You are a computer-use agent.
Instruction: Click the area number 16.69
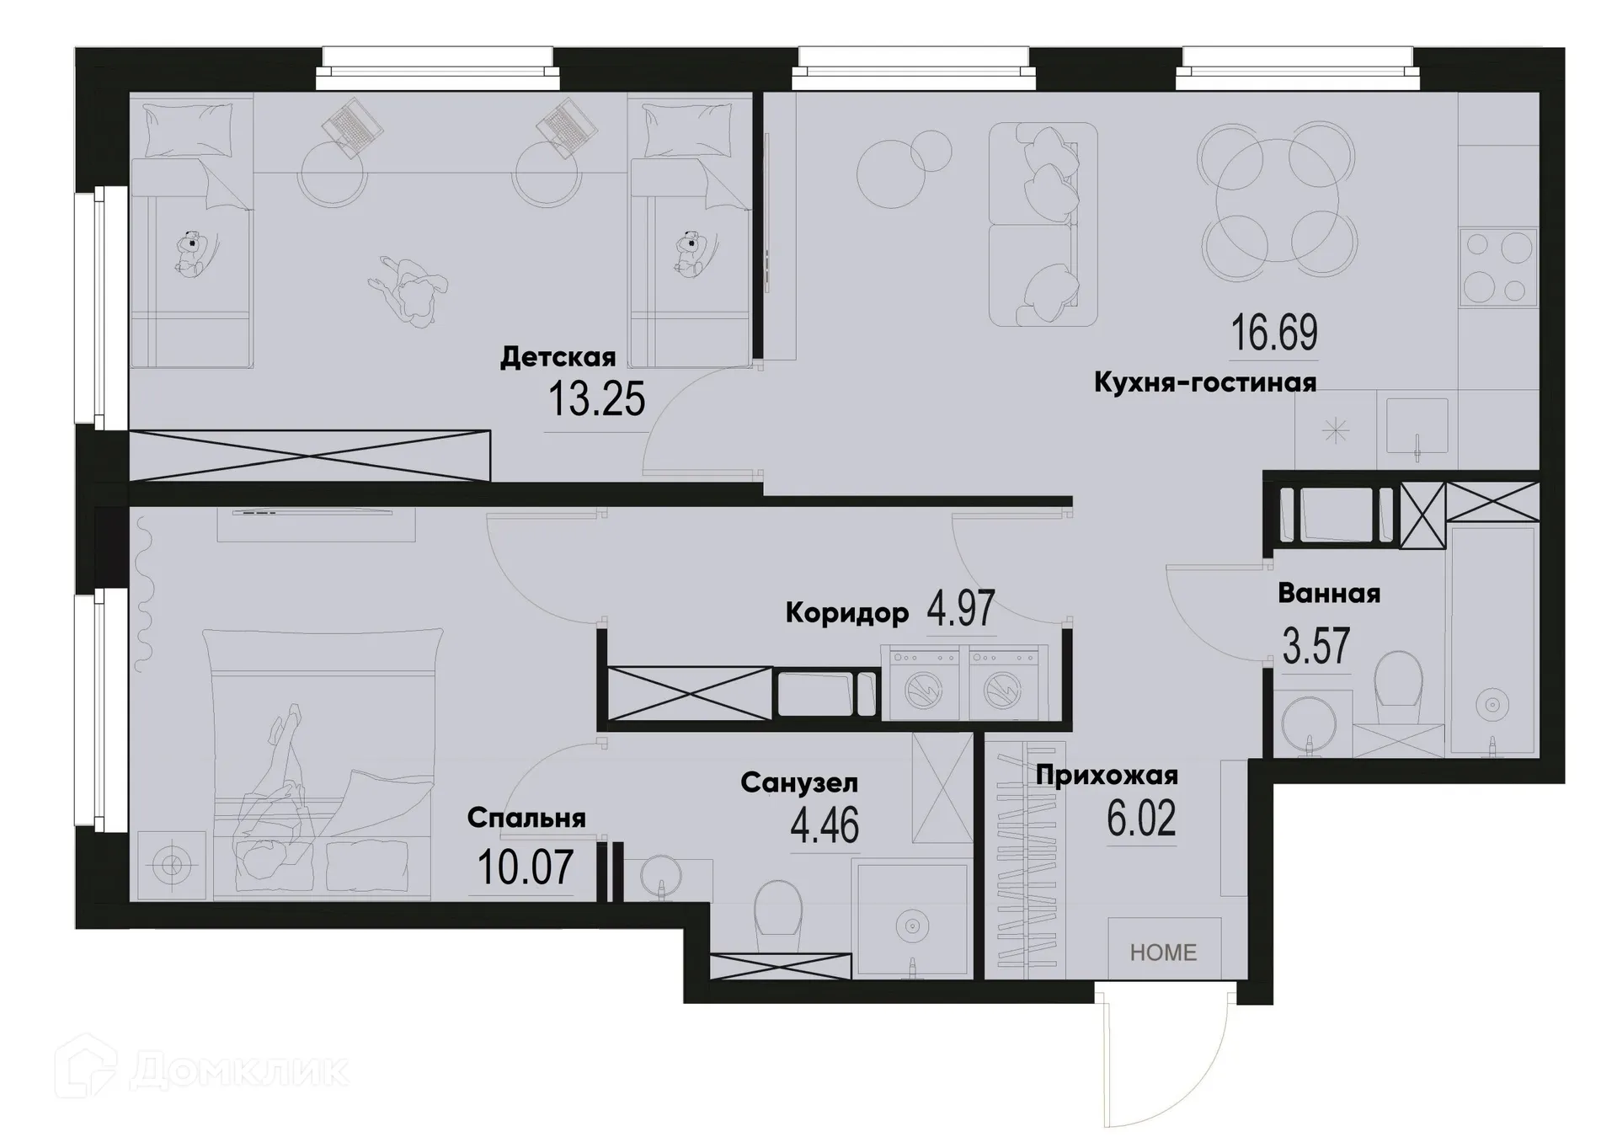coord(1274,333)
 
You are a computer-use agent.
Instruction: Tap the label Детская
coord(558,357)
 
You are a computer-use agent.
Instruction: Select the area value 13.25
coord(596,399)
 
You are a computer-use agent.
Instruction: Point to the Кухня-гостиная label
coord(1205,382)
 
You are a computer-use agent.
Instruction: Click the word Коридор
coord(846,613)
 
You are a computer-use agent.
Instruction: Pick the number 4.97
coord(961,608)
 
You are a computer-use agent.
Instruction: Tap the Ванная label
coord(1329,594)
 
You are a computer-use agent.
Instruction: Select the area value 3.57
coord(1315,647)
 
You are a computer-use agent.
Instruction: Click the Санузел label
coord(799,783)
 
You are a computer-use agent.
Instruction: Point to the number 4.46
coord(825,825)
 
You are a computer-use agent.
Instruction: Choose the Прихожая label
coord(1107,775)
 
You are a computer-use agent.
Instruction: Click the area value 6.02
coord(1141,819)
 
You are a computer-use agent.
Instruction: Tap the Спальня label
coord(526,818)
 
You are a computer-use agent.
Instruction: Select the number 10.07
coord(526,867)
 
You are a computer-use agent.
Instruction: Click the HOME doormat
coord(1163,952)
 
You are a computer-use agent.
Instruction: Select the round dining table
coord(1278,200)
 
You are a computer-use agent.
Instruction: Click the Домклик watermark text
coord(239,1071)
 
